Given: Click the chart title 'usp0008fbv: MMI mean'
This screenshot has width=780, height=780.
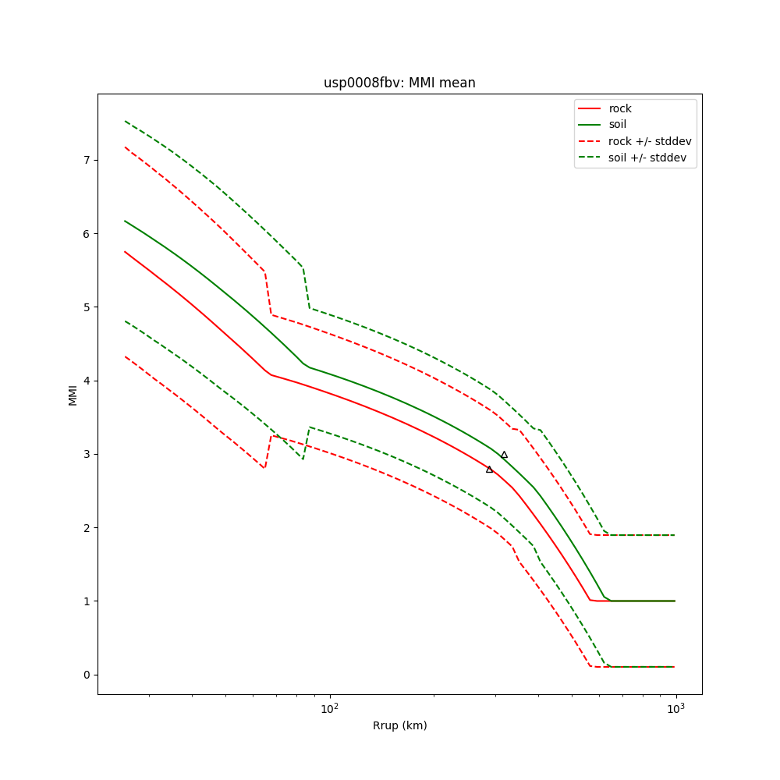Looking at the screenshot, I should click(x=399, y=83).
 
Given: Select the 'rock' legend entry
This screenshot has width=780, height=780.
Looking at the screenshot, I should click(x=620, y=108).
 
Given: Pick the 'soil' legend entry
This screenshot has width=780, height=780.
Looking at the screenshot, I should click(x=618, y=124).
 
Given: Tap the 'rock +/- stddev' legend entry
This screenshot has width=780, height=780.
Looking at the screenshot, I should click(x=650, y=141).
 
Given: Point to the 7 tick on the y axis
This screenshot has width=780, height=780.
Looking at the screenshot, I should click(x=87, y=160).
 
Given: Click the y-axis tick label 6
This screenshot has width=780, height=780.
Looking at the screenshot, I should click(x=87, y=233).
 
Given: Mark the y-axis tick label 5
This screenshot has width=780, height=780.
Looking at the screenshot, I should click(x=87, y=307).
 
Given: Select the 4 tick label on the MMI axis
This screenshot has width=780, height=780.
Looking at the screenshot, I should click(x=87, y=381).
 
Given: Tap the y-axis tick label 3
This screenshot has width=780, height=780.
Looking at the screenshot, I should click(x=87, y=454).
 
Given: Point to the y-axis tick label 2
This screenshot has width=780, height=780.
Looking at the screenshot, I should click(x=87, y=527).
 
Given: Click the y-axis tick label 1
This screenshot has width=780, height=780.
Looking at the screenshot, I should click(x=87, y=601).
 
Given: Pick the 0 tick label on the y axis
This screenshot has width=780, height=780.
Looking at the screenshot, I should click(x=87, y=675).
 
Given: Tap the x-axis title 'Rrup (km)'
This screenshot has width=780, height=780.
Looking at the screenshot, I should click(x=399, y=725).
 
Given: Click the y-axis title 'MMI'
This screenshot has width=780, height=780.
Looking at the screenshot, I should click(x=73, y=395).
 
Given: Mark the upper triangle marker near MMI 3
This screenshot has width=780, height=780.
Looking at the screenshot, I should click(x=504, y=455).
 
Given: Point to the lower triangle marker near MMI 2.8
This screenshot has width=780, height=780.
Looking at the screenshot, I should click(x=489, y=469).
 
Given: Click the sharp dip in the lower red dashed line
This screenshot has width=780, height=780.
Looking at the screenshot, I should click(x=265, y=467).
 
